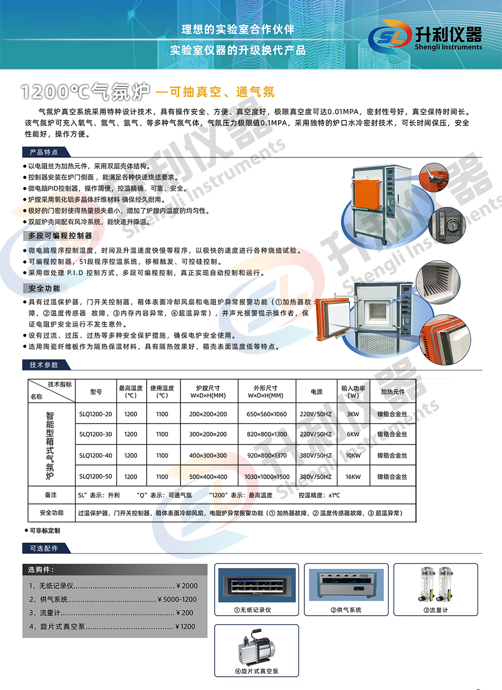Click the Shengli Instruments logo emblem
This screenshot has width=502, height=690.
(389, 36)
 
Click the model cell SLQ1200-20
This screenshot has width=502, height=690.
(96, 414)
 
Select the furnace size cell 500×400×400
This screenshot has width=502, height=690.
(208, 477)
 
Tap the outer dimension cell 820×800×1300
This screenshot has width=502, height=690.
(267, 434)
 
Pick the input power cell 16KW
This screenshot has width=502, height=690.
(353, 477)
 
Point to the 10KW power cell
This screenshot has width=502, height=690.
(353, 455)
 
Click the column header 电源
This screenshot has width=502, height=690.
(316, 392)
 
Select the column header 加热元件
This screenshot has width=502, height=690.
(392, 392)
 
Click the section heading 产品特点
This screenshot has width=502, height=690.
(44, 152)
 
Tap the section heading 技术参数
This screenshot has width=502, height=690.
(44, 365)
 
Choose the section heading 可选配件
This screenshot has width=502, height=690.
(44, 548)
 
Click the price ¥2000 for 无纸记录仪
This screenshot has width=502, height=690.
(187, 586)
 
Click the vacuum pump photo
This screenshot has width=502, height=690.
(257, 647)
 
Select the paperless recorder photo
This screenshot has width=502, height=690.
(257, 586)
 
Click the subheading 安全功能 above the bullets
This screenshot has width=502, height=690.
(44, 289)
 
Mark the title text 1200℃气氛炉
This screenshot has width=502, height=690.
(86, 91)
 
